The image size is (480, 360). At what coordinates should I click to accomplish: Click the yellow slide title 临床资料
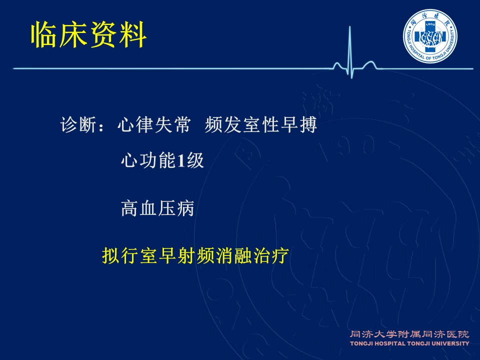click(89, 34)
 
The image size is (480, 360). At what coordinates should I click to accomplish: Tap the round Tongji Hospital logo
click(430, 36)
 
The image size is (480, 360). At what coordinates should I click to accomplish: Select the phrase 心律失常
click(154, 124)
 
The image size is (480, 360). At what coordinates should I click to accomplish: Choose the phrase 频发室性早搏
click(261, 124)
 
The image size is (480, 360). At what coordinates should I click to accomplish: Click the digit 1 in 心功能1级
click(181, 160)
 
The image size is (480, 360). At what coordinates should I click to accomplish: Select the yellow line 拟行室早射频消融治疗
click(195, 255)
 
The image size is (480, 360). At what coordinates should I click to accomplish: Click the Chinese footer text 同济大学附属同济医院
click(409, 334)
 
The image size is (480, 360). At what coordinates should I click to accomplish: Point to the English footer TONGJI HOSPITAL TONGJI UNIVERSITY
click(409, 343)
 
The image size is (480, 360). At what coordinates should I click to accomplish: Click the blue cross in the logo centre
click(430, 36)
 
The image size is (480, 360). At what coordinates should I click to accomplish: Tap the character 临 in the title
click(44, 34)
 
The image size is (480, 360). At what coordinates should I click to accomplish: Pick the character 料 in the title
click(133, 34)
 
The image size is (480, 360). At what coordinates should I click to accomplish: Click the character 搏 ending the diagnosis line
click(308, 124)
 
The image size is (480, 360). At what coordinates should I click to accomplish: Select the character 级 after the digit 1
click(195, 160)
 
